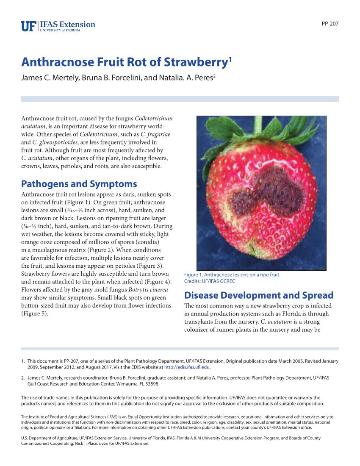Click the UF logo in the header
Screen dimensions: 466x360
(29, 26)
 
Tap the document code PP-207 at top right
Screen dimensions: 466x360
(330, 24)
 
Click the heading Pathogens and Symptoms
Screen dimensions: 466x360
(79, 184)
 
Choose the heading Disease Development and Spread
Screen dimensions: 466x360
(259, 295)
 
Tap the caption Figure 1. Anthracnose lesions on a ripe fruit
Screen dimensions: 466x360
(232, 275)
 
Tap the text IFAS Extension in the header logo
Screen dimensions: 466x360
(68, 25)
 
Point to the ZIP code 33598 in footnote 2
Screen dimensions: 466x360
(151, 384)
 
